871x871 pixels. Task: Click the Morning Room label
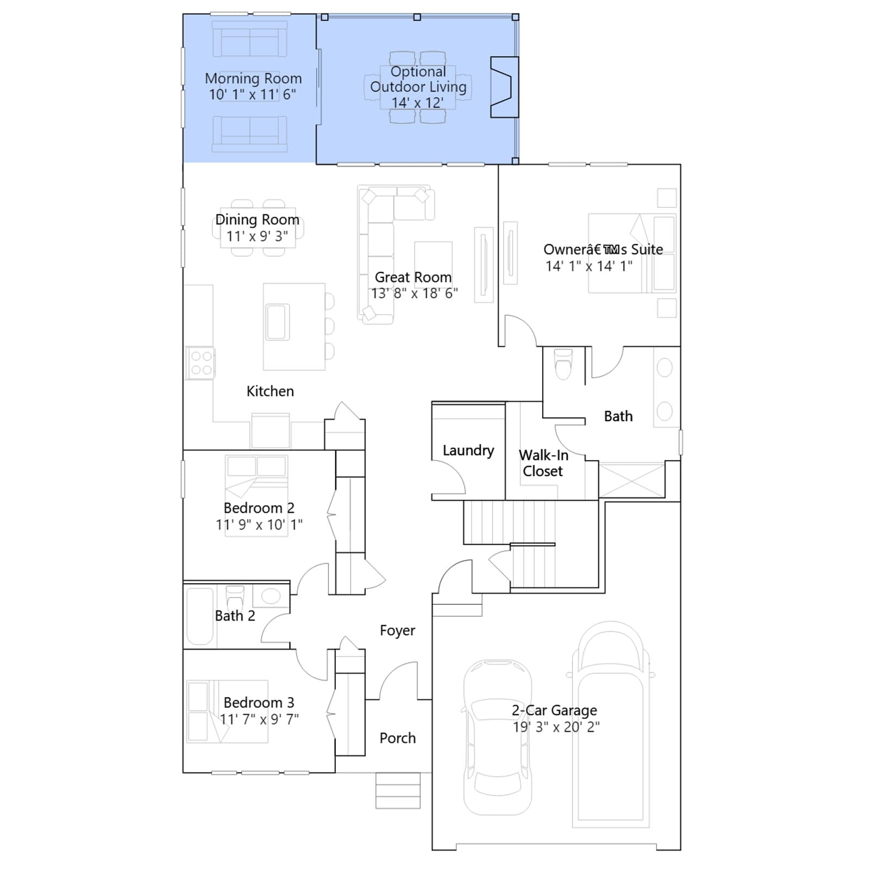pos(253,78)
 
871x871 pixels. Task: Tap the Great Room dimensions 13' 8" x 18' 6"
pos(414,293)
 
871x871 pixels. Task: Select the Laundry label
pos(468,450)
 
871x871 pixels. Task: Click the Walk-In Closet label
pos(543,463)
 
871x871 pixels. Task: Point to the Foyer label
pos(397,630)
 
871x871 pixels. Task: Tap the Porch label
pos(397,738)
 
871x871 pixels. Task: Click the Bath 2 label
pos(235,616)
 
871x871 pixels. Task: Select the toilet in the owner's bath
pos(563,364)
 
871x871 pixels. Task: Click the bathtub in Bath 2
pos(200,616)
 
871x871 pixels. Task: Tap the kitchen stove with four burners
pos(200,363)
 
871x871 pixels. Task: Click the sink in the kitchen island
pos(278,322)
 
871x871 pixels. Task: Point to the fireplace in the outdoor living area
pos(504,87)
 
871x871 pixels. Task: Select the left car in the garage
pos(497,737)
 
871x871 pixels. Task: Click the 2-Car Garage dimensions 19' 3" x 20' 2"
pos(556,727)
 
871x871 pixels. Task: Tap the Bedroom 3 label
pos(259,702)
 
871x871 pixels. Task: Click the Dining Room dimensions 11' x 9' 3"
pos(257,236)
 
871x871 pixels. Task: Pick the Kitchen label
pos(270,391)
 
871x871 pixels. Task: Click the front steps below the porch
pos(398,790)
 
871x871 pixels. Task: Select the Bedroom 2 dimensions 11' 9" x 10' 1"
pos(259,525)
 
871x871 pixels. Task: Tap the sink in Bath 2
pos(271,596)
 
